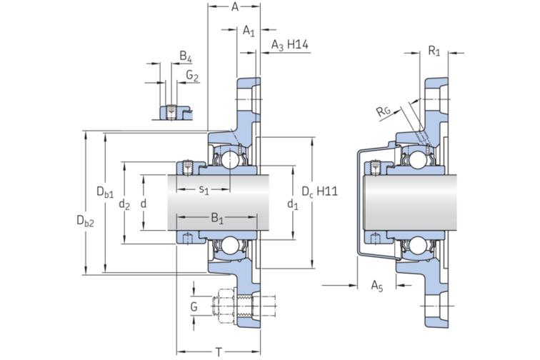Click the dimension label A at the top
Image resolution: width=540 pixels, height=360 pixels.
235,6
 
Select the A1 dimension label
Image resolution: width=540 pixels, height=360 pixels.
249,31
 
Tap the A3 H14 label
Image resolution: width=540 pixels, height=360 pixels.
289,45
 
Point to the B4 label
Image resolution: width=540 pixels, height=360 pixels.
186,56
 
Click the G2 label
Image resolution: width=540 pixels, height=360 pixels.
192,76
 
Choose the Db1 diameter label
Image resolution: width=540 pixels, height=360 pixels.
105,192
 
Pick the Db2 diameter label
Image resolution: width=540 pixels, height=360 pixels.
85,221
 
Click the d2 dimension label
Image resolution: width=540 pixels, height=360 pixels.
124,204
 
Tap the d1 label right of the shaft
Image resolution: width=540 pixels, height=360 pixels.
293,204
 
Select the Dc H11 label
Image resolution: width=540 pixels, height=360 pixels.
319,191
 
